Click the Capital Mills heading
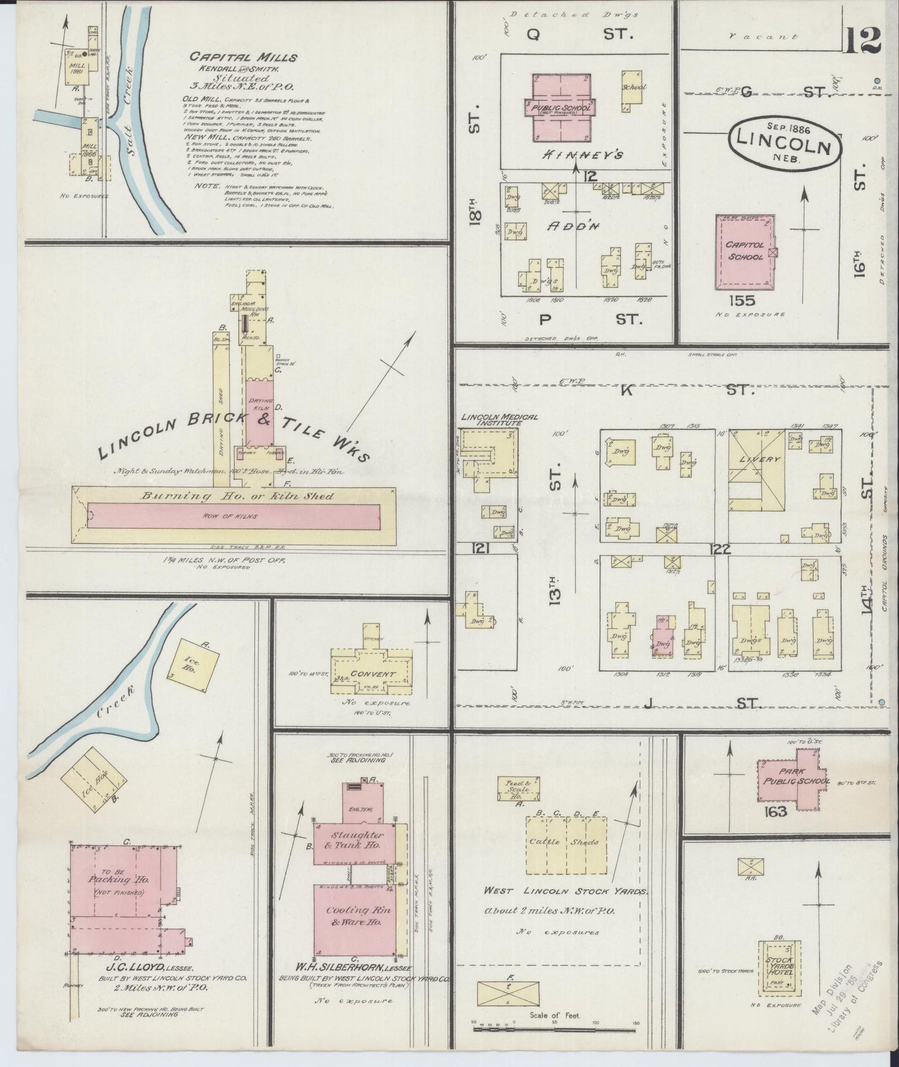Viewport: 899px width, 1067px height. [x=243, y=57]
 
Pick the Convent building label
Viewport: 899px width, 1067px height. [x=372, y=674]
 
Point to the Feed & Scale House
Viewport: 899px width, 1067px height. [x=518, y=789]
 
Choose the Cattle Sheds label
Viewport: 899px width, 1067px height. [x=563, y=842]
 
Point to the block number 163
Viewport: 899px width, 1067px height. [x=778, y=811]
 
